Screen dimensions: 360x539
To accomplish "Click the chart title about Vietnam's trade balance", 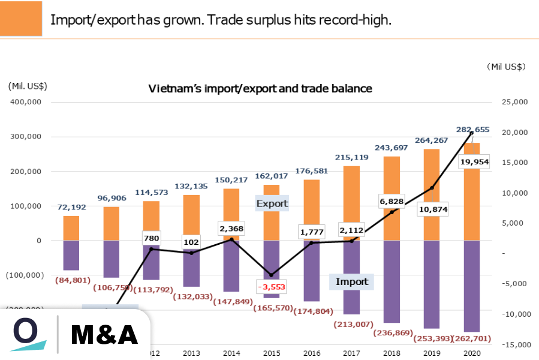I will (260, 89).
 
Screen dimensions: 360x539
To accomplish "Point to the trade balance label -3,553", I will (272, 287).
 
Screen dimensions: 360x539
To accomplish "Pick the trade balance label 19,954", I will (475, 162).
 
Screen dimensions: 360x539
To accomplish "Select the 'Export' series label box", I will (272, 203).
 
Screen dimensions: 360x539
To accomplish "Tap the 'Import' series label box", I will (351, 281).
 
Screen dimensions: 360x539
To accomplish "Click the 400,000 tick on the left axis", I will (25, 102).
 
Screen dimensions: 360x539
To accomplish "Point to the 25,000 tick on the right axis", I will (514, 102).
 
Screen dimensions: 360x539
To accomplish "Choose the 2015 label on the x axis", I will (272, 353).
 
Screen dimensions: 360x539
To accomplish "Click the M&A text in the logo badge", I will (104, 335).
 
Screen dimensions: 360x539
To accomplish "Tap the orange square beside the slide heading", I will (21, 19).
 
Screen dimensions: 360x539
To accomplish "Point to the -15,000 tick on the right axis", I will (514, 344).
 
